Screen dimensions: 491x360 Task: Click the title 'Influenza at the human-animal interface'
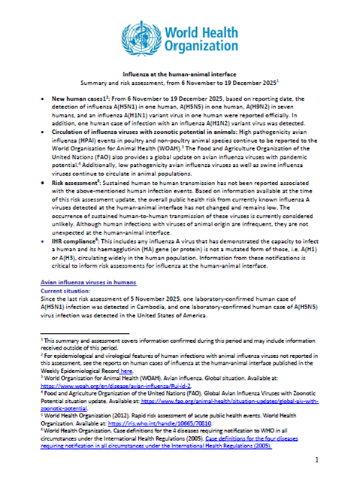(180, 75)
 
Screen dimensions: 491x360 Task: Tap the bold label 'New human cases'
(76, 99)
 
